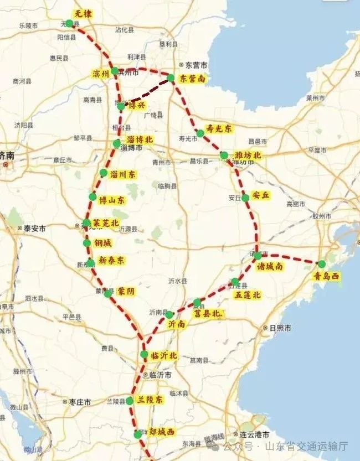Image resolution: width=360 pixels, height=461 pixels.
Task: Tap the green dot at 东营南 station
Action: (171, 78)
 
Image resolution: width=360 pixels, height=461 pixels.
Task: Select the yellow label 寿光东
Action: (219, 128)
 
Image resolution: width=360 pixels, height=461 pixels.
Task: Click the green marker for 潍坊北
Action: (224, 155)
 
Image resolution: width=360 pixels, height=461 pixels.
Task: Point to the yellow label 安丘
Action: (260, 195)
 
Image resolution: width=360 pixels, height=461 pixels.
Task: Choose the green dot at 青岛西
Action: (322, 263)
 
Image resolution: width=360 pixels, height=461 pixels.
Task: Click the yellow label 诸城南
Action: (270, 267)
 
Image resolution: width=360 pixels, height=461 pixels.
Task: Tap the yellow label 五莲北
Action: (248, 295)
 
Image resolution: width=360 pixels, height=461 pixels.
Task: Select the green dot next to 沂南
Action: (169, 315)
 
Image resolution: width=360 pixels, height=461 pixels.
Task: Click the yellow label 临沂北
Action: (164, 356)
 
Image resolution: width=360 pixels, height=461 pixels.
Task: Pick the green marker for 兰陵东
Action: (130, 400)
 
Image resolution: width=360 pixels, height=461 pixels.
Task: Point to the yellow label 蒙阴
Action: (126, 291)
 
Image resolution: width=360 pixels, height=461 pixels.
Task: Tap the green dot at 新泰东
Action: (90, 262)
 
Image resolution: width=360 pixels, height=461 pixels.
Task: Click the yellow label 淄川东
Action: (122, 174)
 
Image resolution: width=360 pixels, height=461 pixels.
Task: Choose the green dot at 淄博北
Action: (116, 144)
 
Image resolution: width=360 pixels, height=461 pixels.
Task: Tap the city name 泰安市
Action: (34, 227)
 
